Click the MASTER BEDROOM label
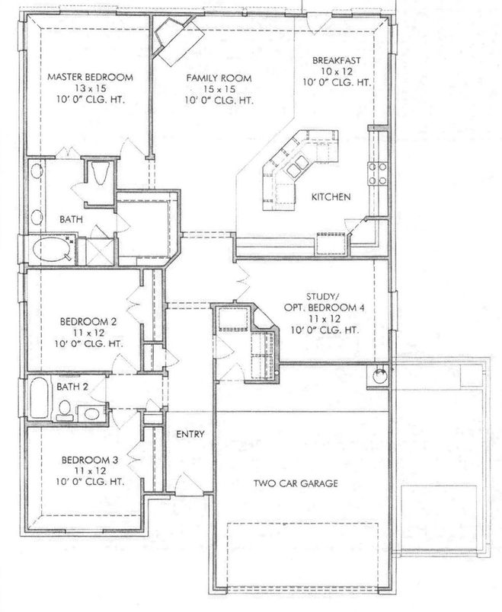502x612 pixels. click(x=90, y=77)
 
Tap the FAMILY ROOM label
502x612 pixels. click(x=219, y=78)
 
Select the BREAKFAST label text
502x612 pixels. click(x=337, y=60)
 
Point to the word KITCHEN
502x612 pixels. click(x=331, y=196)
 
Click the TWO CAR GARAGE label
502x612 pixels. click(x=296, y=483)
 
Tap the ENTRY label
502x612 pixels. click(x=190, y=434)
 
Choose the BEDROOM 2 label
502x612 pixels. click(x=88, y=322)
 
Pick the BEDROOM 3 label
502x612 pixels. click(x=90, y=460)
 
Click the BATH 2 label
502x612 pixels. click(x=72, y=387)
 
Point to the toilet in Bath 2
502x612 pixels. click(x=65, y=410)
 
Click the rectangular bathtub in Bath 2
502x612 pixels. click(x=39, y=397)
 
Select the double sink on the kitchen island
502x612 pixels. click(x=296, y=166)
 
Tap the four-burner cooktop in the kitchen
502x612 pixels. click(x=378, y=174)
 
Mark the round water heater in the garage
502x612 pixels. click(x=379, y=376)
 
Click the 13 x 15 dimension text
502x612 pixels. click(x=91, y=88)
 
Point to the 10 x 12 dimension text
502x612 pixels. click(x=337, y=72)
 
